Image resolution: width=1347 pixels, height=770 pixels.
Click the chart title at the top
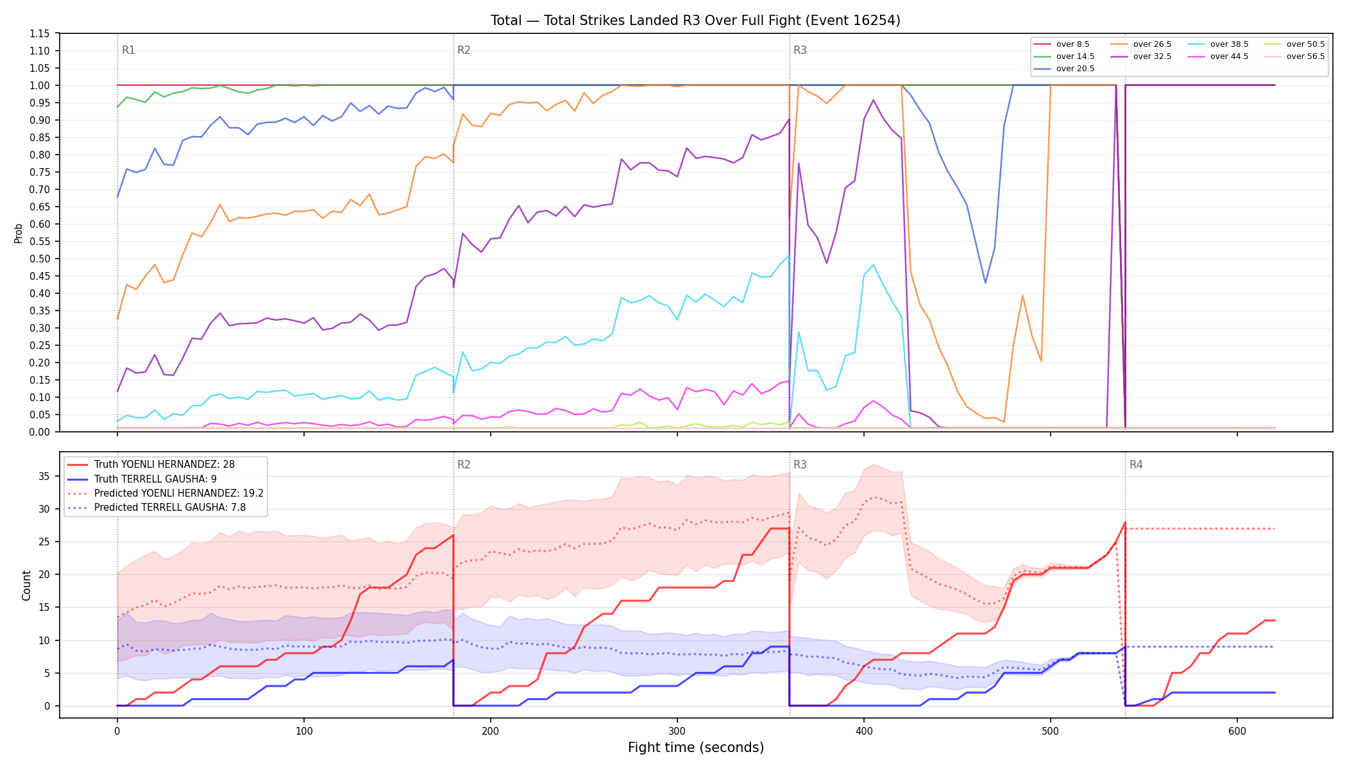(x=695, y=21)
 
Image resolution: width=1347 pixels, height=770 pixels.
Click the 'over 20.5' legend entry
(x=1064, y=69)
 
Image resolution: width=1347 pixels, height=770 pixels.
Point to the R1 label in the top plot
(x=128, y=50)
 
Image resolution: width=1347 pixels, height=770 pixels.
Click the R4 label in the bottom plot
(x=1136, y=465)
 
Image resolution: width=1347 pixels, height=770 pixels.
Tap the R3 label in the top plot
(x=800, y=50)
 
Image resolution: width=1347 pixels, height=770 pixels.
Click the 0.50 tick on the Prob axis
(x=40, y=259)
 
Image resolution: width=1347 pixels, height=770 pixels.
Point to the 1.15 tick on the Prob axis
(x=40, y=33)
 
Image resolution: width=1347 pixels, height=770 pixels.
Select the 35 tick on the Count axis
(x=44, y=476)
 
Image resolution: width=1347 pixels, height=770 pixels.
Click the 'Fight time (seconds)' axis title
(x=696, y=748)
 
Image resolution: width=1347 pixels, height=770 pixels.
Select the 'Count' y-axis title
(x=26, y=585)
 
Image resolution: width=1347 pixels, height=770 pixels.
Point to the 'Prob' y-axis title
(x=19, y=233)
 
